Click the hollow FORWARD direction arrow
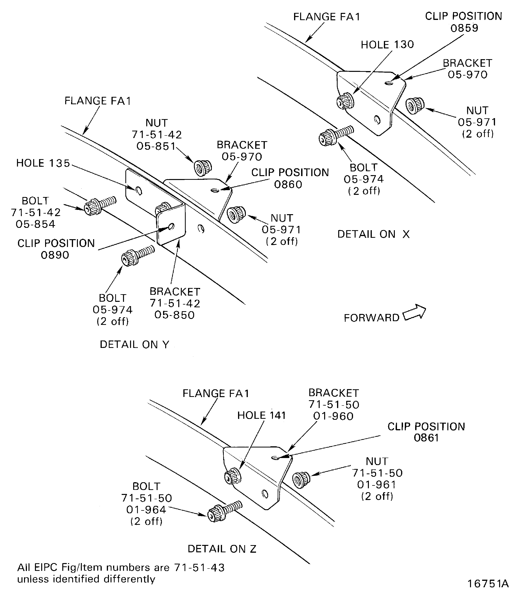[x=414, y=313]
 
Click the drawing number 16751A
[x=488, y=583]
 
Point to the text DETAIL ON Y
[x=134, y=344]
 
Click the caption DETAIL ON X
[x=373, y=234]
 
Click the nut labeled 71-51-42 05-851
[x=202, y=168]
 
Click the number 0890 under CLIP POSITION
[x=55, y=255]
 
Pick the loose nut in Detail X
[x=414, y=106]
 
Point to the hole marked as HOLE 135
[x=139, y=191]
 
